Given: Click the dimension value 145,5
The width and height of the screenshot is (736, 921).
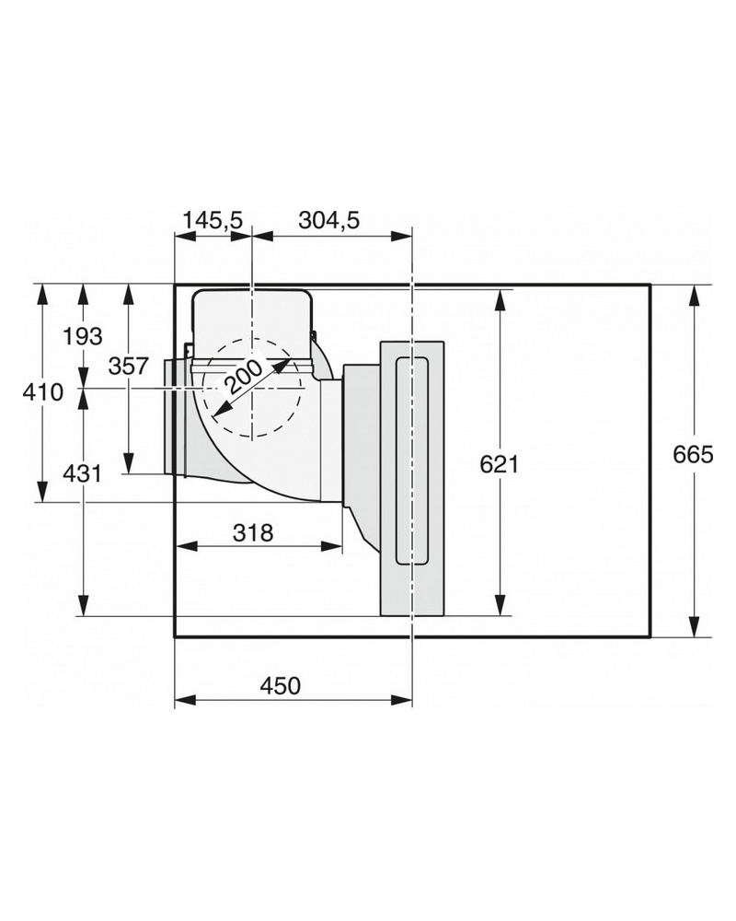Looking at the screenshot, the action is (x=213, y=220).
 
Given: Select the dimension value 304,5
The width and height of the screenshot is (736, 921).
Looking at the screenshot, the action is (x=328, y=220).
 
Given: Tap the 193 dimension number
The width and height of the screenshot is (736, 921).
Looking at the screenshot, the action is (x=83, y=336).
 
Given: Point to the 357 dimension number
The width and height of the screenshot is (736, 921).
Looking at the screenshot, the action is (x=129, y=366).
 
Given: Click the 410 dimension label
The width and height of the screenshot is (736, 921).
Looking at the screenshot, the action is (x=43, y=391).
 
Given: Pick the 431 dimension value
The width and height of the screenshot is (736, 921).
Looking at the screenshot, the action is (x=82, y=472).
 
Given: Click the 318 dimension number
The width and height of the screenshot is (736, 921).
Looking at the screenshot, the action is (x=253, y=532).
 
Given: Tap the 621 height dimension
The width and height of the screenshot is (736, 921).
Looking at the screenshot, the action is (x=500, y=464).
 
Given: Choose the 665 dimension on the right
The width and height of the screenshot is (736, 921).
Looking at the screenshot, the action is (x=693, y=454).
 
